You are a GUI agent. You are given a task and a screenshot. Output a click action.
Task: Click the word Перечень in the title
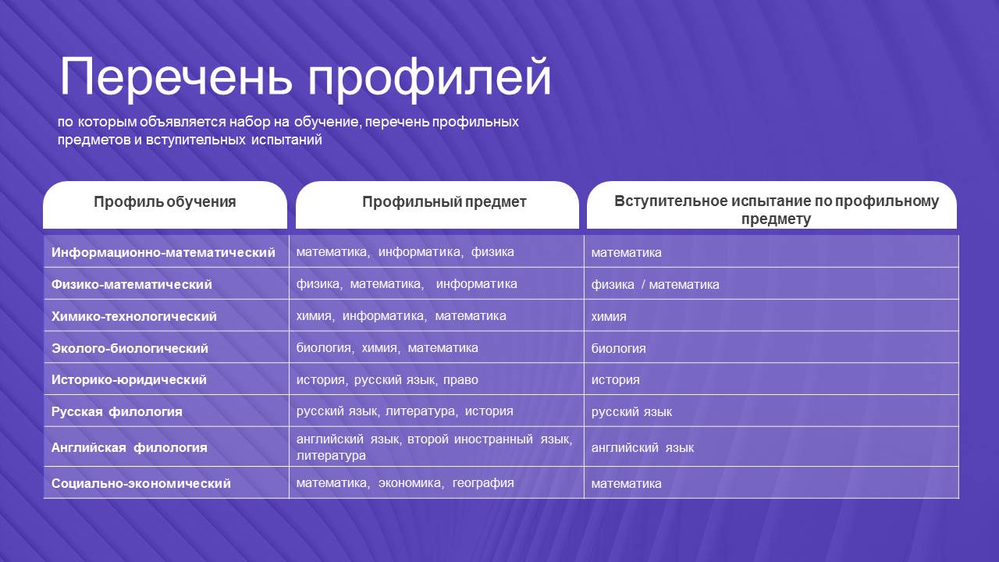point(176,76)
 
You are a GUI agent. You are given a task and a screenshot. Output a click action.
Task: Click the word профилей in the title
point(429,80)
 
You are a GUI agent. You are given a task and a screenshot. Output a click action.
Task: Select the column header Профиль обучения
point(165,202)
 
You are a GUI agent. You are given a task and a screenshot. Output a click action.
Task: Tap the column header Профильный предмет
point(444,202)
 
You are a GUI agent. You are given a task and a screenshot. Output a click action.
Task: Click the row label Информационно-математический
point(163,252)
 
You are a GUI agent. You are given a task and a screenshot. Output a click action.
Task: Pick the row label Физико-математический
point(132,284)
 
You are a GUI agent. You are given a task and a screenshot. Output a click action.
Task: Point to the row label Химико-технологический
point(133,316)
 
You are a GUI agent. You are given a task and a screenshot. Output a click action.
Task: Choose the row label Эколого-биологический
point(130,348)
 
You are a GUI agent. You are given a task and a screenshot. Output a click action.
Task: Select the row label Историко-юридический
point(129,379)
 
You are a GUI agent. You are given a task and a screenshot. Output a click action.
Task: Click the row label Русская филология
point(117,411)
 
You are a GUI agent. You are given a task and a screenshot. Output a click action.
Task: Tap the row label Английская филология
point(130,447)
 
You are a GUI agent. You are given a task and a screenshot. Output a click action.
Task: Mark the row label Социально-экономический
point(141,483)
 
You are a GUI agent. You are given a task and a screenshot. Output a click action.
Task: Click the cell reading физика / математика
point(655,285)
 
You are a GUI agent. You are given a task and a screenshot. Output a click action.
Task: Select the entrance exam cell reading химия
point(609,317)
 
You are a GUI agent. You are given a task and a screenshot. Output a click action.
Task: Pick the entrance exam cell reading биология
point(619,348)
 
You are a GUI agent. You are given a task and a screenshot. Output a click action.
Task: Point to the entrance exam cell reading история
point(616,380)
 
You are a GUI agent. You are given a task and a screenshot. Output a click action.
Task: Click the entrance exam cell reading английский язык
point(642,447)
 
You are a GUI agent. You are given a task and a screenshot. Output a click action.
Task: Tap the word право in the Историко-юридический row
point(460,380)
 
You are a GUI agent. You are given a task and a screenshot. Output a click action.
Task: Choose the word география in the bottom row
point(483,482)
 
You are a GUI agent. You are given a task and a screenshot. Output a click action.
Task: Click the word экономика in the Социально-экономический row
point(410,482)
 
